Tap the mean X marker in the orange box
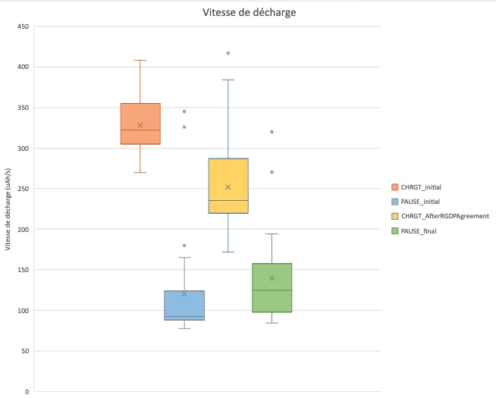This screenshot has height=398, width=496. (140, 125)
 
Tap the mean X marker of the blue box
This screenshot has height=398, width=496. (184, 294)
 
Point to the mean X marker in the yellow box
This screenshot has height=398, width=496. (228, 186)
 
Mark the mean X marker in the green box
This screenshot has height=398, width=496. (272, 278)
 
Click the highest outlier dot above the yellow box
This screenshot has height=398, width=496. (228, 53)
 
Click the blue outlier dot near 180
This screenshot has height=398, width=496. (184, 246)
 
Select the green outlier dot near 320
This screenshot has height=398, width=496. (272, 132)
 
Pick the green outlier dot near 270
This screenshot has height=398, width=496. (272, 172)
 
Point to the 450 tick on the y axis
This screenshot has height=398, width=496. (24, 27)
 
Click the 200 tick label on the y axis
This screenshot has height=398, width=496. (24, 230)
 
